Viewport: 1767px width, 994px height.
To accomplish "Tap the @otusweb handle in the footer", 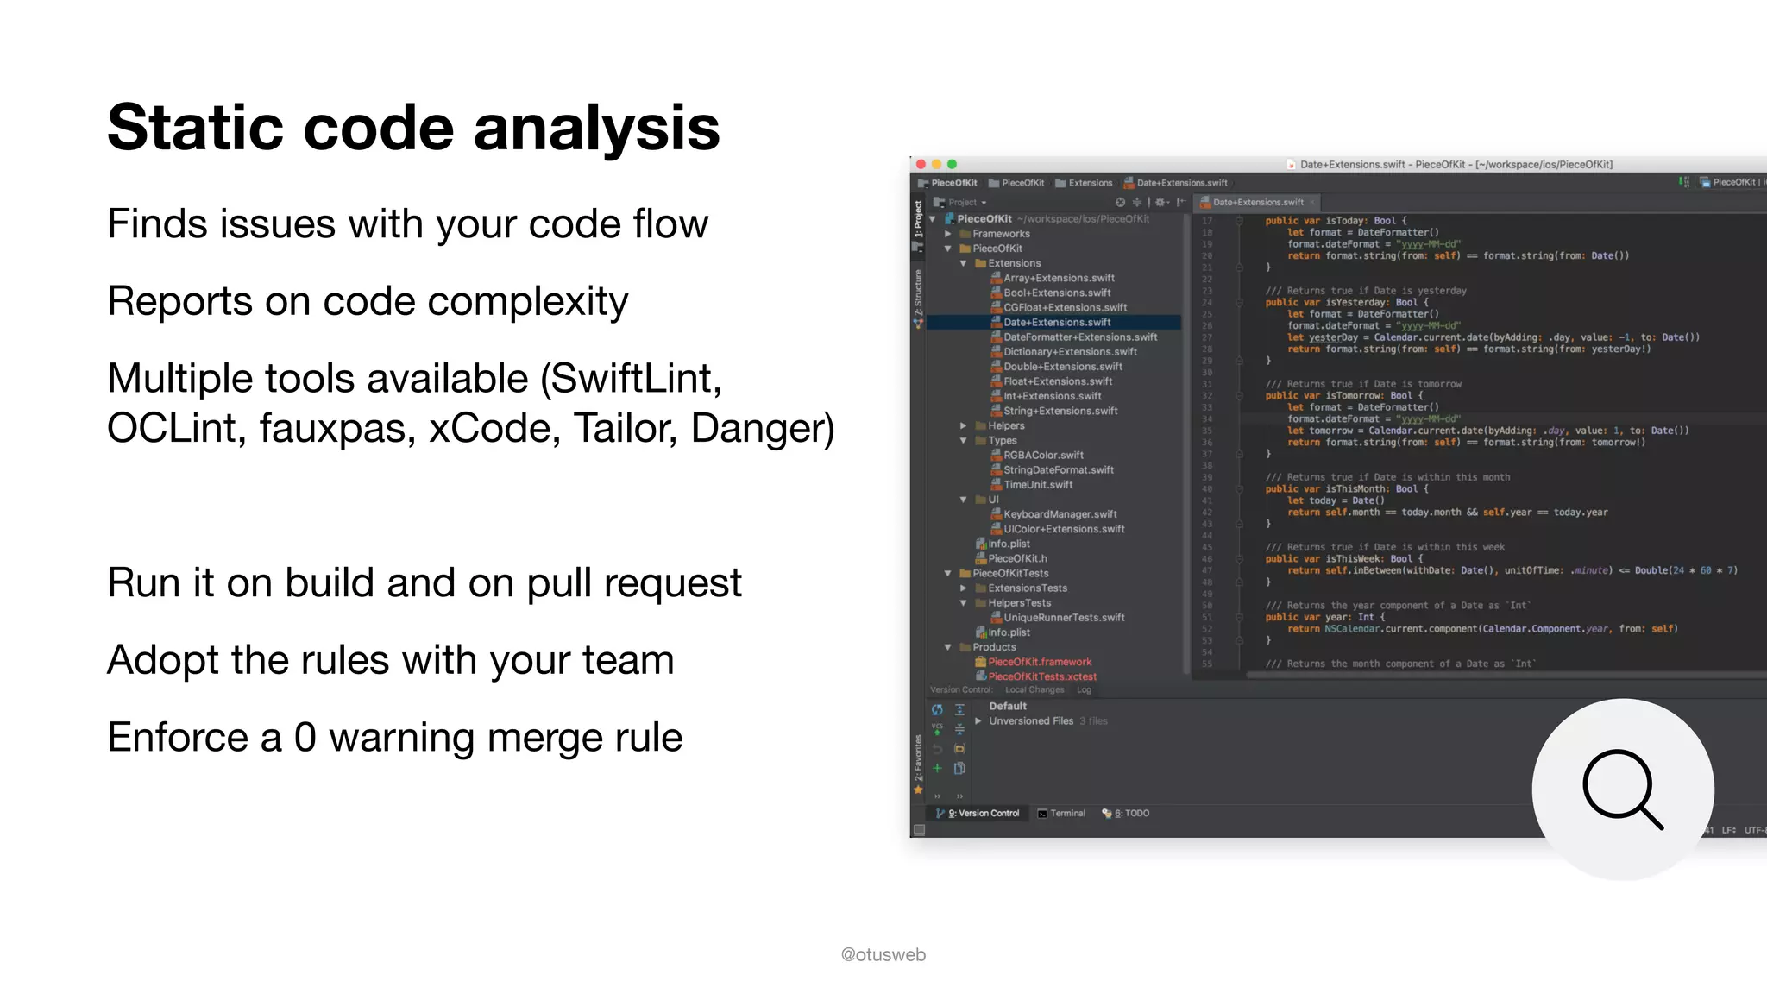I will tap(883, 954).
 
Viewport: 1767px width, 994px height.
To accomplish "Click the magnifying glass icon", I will tap(1622, 790).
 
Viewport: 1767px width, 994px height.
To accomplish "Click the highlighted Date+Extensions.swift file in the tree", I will tap(1057, 323).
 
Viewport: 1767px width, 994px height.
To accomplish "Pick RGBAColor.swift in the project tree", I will tap(1043, 456).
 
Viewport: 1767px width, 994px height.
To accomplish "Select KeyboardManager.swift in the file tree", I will tap(1060, 514).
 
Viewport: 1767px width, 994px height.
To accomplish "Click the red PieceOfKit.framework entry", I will tap(1040, 662).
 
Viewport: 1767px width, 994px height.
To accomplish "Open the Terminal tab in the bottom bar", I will tap(1067, 813).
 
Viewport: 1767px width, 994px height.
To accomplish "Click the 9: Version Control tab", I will tap(983, 813).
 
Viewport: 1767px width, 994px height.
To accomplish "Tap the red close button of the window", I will tap(921, 164).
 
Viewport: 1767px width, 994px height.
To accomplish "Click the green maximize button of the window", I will tap(953, 164).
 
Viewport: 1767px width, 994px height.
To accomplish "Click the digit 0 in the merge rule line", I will tap(305, 738).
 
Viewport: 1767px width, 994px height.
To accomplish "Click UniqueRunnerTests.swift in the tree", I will tap(1064, 618).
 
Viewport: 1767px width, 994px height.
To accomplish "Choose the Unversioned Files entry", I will tap(1031, 721).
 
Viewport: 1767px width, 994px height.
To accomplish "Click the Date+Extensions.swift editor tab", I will tap(1257, 202).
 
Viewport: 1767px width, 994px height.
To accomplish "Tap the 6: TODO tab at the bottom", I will tap(1131, 813).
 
